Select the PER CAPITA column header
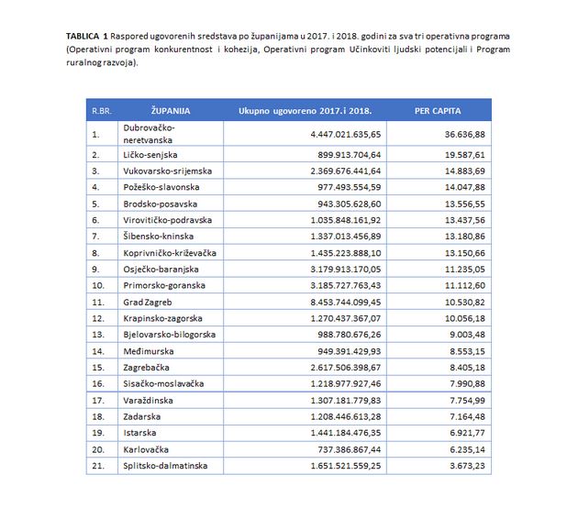pos(436,110)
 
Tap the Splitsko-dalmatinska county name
pos(164,466)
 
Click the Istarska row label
pos(140,433)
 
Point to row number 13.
pos(95,334)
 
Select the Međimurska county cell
pos(147,350)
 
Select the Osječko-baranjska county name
pos(159,268)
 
